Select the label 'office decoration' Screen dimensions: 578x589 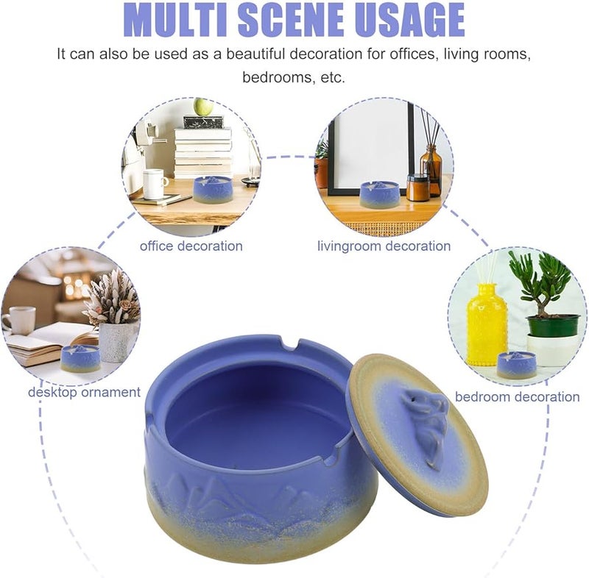pos(191,246)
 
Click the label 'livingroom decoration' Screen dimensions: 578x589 pos(384,246)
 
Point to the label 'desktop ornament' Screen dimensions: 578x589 pos(84,392)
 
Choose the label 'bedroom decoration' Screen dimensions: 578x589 pos(517,396)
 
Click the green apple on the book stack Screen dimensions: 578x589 pos(203,107)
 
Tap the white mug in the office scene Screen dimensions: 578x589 pos(155,183)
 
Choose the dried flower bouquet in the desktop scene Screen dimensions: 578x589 pos(112,298)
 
